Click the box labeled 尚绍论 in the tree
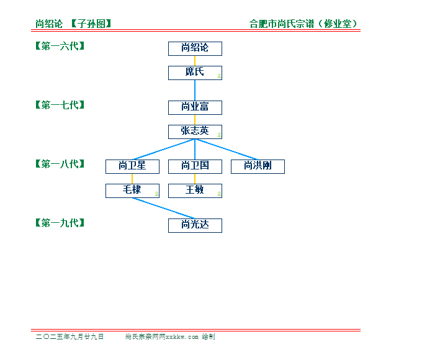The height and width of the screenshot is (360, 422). pyautogui.click(x=195, y=49)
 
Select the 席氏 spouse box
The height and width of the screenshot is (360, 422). pyautogui.click(x=195, y=73)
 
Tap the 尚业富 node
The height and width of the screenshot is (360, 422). pyautogui.click(x=195, y=108)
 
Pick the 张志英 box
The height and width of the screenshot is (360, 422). pyautogui.click(x=195, y=132)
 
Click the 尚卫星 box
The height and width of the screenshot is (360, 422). pyautogui.click(x=132, y=167)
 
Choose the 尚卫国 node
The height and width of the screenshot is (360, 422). pyautogui.click(x=195, y=167)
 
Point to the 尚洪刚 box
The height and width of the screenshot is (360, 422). pyautogui.click(x=258, y=167)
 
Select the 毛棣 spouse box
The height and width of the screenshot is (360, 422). pyautogui.click(x=132, y=191)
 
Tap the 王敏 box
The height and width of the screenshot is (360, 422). pyautogui.click(x=195, y=191)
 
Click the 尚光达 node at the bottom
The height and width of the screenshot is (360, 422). pyautogui.click(x=195, y=226)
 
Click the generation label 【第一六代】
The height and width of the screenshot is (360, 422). pyautogui.click(x=60, y=46)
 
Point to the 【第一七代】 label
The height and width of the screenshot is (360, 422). pyautogui.click(x=60, y=105)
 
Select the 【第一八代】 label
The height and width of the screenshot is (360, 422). pyautogui.click(x=60, y=164)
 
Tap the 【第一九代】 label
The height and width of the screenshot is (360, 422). pyautogui.click(x=60, y=223)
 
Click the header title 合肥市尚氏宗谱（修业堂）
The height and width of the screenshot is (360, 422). pyautogui.click(x=303, y=24)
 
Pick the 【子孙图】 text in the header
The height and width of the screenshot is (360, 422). pyautogui.click(x=91, y=24)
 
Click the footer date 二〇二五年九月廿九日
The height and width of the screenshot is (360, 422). pyautogui.click(x=70, y=336)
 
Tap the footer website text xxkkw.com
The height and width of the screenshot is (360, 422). pyautogui.click(x=182, y=337)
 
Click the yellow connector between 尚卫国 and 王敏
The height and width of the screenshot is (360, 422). pyautogui.click(x=195, y=179)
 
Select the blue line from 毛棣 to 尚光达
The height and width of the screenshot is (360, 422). pyautogui.click(x=164, y=209)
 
